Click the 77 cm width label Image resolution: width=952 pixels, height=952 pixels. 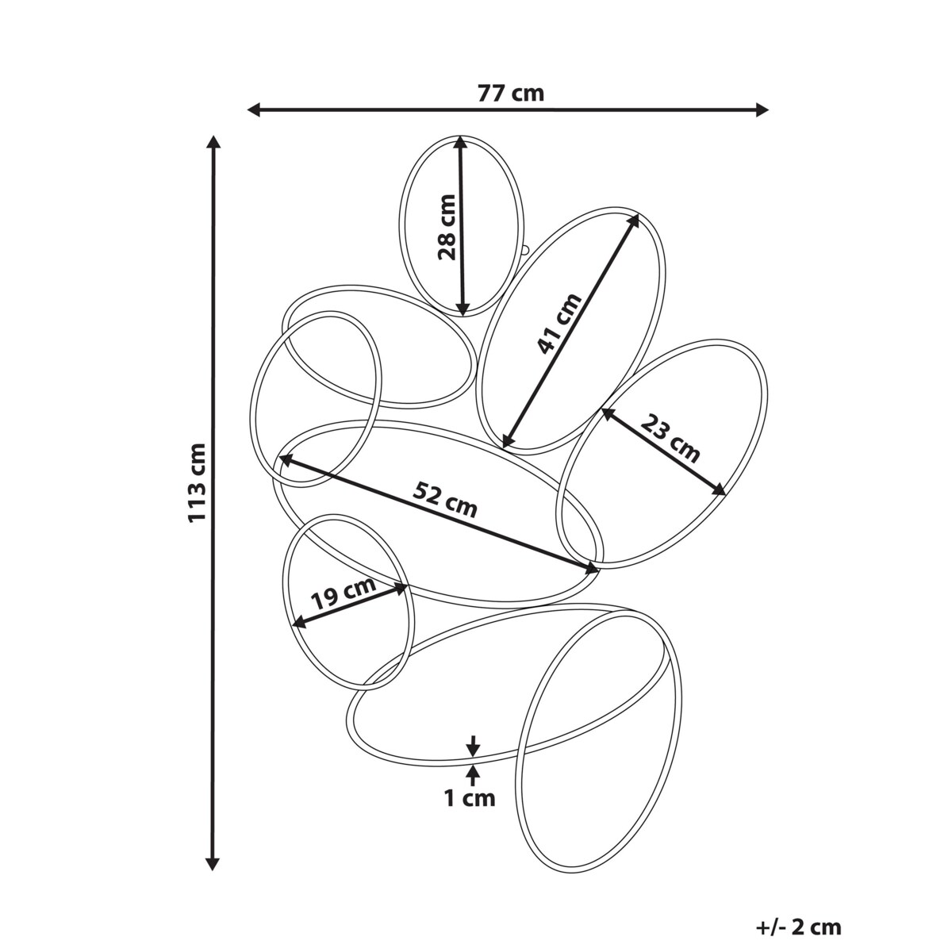[510, 93]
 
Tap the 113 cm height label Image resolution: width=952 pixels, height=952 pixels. [196, 482]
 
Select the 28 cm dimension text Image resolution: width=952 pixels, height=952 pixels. [447, 227]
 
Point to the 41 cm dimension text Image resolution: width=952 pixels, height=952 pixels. [559, 324]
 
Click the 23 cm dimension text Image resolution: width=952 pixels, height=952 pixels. [670, 438]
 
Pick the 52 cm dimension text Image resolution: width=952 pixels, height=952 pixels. [444, 500]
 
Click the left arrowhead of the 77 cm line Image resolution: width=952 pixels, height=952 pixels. [253, 109]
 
